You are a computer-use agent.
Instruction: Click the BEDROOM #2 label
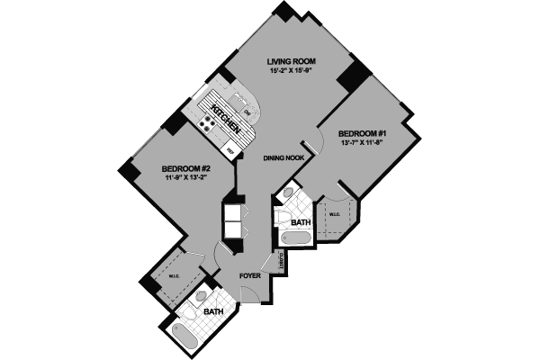point(186,168)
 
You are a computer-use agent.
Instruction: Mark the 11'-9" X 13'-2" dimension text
point(186,178)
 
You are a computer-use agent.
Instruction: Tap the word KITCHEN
point(224,117)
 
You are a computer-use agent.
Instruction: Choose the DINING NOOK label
point(283,158)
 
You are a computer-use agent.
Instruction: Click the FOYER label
point(249,276)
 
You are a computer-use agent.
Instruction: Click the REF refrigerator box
point(229,151)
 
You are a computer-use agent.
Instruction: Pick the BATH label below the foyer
point(213,311)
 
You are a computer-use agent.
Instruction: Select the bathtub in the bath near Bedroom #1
point(296,238)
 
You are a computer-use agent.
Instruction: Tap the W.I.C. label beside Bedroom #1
point(334,214)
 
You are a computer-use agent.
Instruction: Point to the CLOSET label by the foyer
point(282,261)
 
